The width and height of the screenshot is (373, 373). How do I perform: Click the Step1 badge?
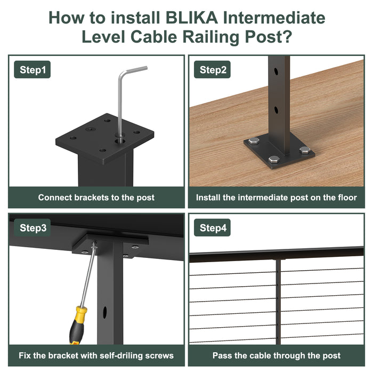pos(33,69)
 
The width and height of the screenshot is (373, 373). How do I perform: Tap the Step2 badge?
pos(212,69)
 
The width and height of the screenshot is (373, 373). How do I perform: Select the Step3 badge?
pos(33,228)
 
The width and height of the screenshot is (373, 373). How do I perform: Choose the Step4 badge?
pos(212,228)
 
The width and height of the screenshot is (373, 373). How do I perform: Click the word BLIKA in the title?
pos(191,18)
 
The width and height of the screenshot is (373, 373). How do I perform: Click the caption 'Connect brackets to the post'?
pos(96,198)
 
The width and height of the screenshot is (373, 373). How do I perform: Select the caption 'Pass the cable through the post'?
pos(277,355)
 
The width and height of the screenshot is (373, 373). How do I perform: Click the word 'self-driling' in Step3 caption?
pos(122,355)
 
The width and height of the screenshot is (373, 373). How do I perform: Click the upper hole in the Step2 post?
pos(275,71)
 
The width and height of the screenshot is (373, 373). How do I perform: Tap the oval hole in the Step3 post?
pos(104,312)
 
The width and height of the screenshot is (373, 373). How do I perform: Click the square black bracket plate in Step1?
pos(104,138)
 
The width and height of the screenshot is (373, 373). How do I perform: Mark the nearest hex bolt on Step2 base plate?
pos(274,159)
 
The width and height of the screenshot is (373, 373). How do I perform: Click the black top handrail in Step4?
pos(277,255)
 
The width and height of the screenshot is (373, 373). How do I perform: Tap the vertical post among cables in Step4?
pos(278,302)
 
